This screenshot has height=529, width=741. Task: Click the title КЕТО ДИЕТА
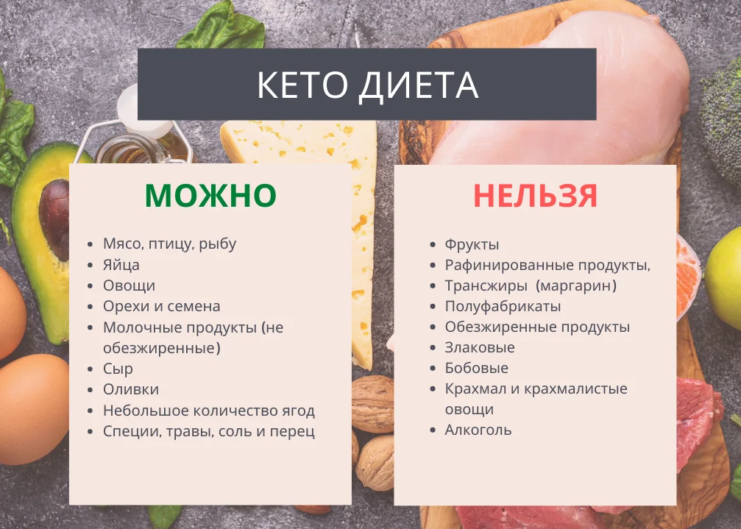[367, 85]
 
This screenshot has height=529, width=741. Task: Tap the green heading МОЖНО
[210, 196]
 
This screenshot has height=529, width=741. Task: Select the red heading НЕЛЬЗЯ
[535, 196]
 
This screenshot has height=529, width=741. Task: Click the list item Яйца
[121, 265]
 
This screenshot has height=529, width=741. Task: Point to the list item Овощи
[129, 285]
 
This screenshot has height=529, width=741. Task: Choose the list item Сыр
[118, 369]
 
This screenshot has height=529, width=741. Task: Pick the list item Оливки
[131, 389]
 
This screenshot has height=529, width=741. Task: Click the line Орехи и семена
[161, 306]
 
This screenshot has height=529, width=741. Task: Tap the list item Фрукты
[472, 244]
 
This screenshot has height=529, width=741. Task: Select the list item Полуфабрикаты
[503, 306]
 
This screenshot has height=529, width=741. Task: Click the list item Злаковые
[480, 347]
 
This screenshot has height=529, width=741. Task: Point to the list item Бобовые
[476, 368]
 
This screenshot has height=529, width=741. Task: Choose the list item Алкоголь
[478, 430]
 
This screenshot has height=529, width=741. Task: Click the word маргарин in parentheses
[575, 285]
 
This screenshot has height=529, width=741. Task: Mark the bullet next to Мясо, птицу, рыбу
[90, 244]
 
